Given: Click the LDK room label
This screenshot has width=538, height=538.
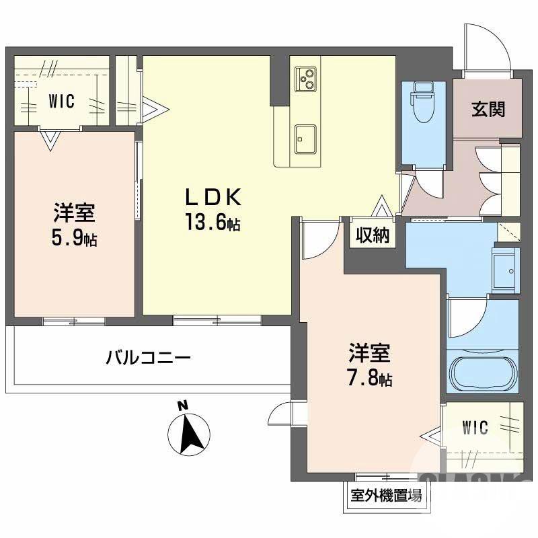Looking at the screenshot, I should click(213, 197).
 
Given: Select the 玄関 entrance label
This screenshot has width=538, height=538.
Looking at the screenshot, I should click(488, 108).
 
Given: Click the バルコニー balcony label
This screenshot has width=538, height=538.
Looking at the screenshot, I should click(148, 356).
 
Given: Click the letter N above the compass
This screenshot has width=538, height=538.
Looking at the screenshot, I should click(181, 406).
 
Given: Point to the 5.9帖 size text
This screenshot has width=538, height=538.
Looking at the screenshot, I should click(75, 238).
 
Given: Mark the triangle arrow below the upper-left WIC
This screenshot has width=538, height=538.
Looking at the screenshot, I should click(49, 140).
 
